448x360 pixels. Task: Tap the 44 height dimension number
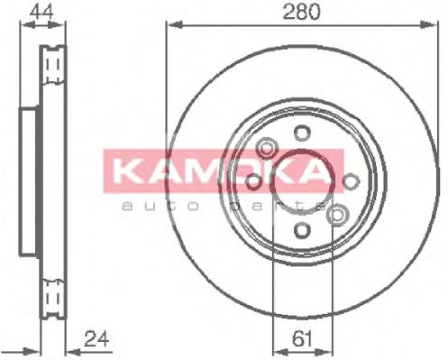point(39,12)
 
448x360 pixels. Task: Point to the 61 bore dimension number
point(303,339)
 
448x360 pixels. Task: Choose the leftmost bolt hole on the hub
point(254,183)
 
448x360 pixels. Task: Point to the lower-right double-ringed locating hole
point(337,214)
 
